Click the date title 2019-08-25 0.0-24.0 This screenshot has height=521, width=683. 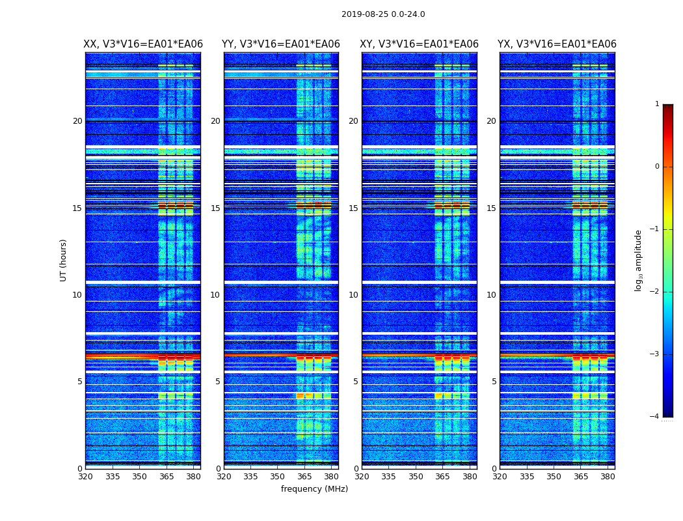coord(383,14)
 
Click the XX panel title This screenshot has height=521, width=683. coord(143,44)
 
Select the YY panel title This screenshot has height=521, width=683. coord(281,44)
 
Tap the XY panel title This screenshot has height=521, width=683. coord(420,44)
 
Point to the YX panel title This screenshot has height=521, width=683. coord(557,44)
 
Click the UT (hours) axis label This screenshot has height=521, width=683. coord(64,260)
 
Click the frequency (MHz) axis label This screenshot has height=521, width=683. coord(314,489)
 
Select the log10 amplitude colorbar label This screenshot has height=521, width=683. coord(639,260)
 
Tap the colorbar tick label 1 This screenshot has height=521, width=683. coord(657,104)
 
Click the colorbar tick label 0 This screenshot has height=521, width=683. coord(657,167)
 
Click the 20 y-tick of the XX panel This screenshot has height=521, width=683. coord(77,121)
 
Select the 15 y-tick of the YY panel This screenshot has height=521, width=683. coord(215,208)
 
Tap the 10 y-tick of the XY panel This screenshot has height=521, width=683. coord(353,295)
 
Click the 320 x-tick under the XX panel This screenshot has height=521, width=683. coord(85,477)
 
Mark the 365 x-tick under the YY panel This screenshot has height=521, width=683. coord(304,477)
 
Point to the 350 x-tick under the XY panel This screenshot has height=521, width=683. coord(416,477)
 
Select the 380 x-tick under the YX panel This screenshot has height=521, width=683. coord(608,477)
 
